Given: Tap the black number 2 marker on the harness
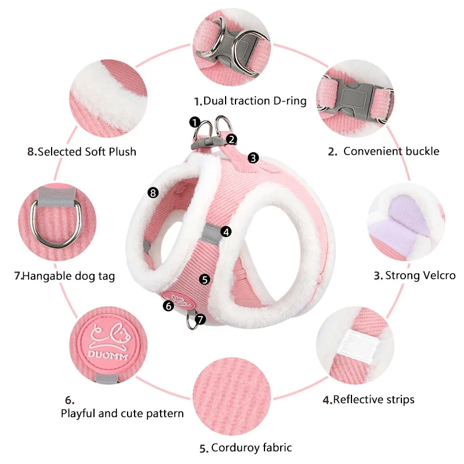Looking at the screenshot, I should click(231, 139).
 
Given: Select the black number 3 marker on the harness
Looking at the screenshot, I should click(253, 157).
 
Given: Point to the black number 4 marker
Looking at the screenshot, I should click(226, 231).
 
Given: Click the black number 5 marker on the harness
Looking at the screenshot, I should click(204, 279).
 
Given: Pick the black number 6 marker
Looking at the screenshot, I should click(169, 305).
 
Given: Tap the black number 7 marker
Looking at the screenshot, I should click(201, 318).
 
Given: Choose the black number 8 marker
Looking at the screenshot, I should click(153, 192).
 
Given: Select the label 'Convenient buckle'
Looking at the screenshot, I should click(391, 151).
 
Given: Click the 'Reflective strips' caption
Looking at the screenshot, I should click(374, 399).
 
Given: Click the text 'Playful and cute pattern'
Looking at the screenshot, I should click(122, 414).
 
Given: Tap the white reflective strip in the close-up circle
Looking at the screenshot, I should click(358, 347).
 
